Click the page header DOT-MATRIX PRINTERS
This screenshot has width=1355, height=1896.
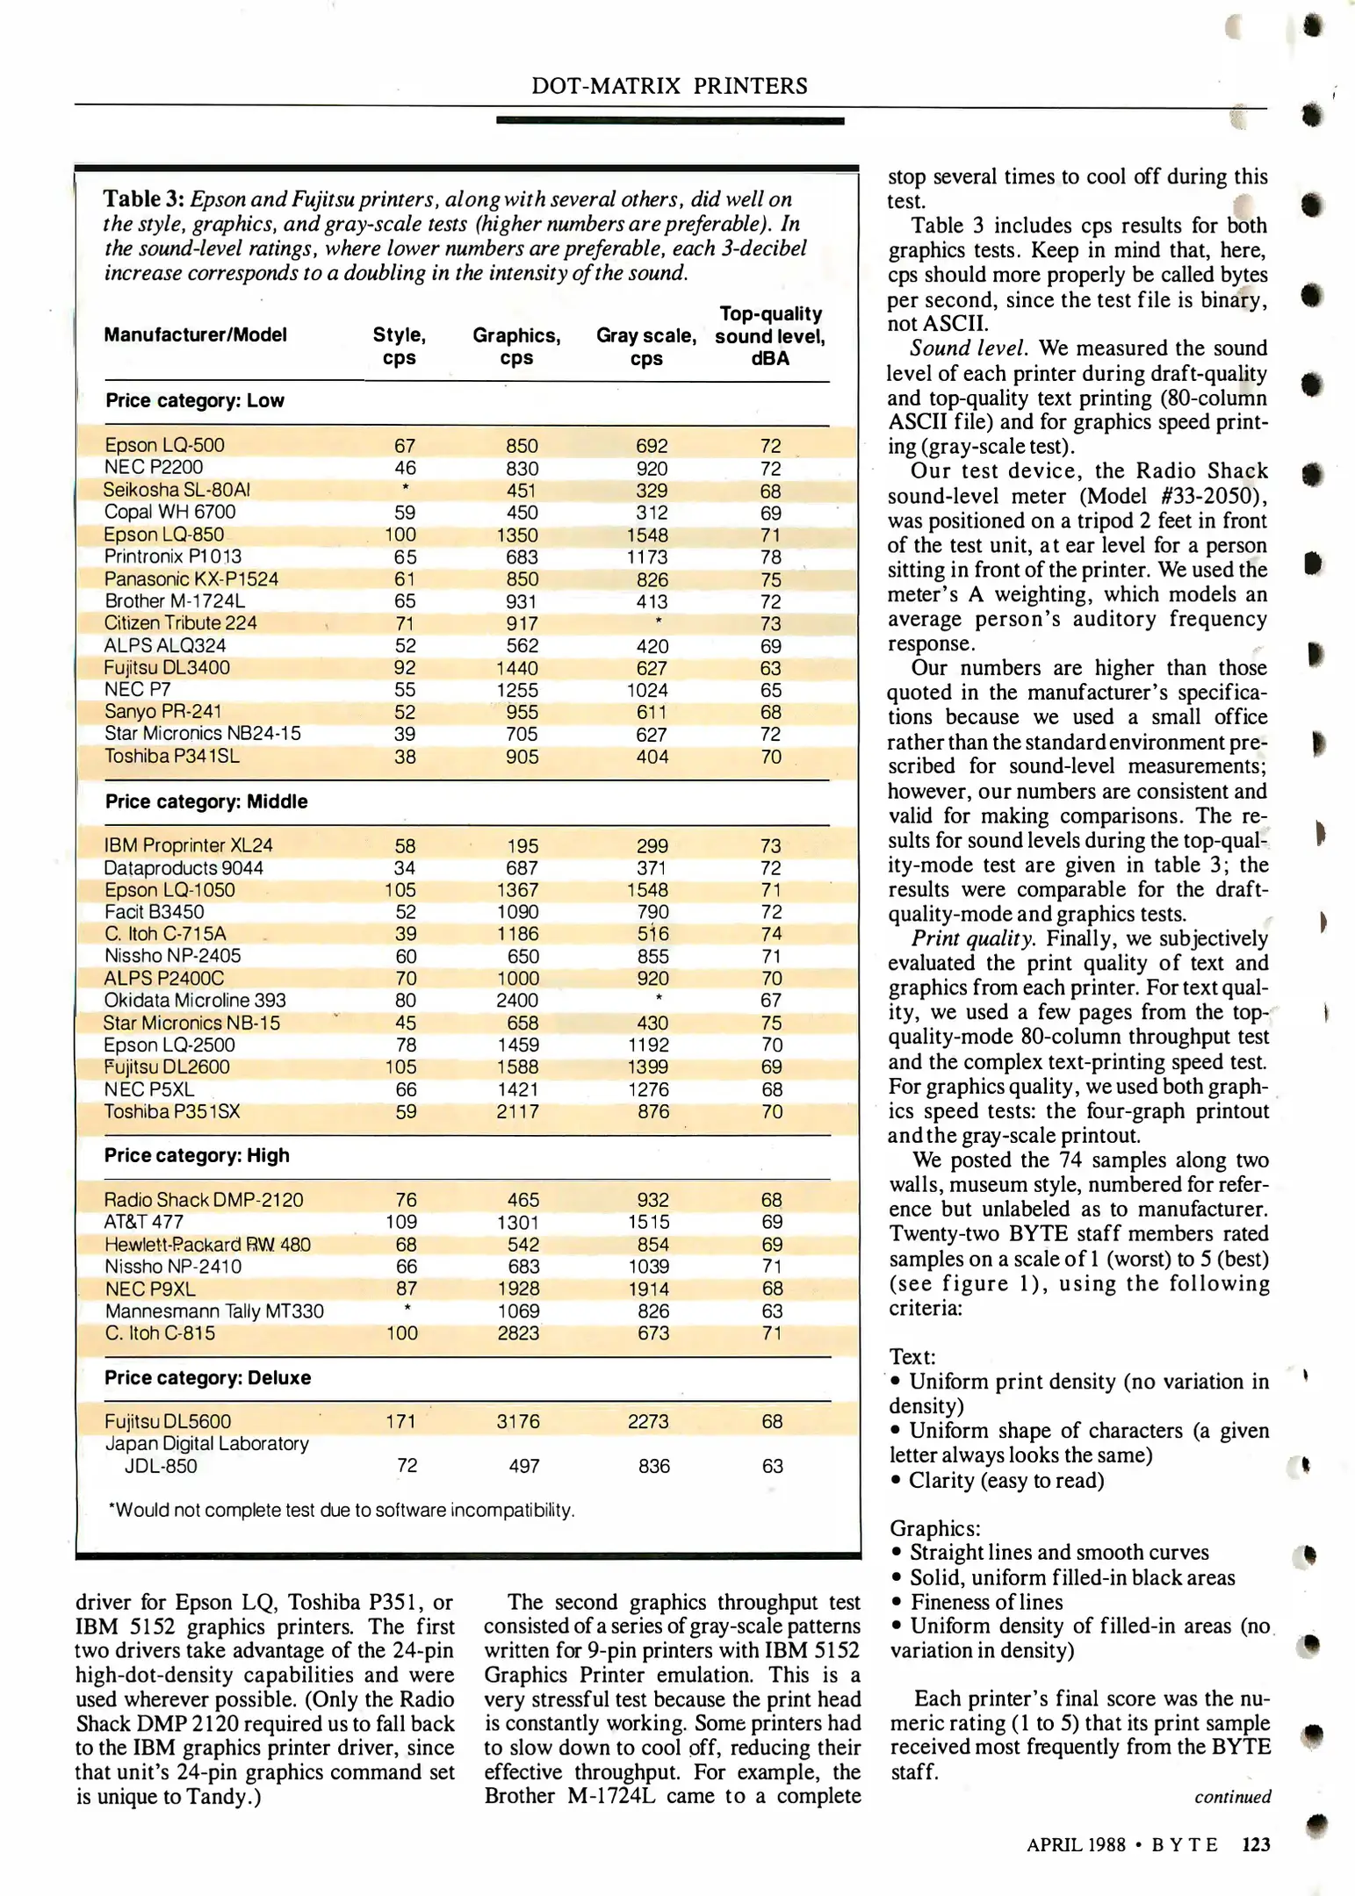669,86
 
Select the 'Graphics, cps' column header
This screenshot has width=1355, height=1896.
516,347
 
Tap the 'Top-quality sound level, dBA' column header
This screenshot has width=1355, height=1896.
770,336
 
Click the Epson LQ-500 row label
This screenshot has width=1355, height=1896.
164,445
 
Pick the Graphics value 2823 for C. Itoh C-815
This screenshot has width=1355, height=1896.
518,1333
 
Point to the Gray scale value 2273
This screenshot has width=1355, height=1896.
648,1421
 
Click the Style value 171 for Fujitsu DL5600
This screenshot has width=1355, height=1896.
400,1421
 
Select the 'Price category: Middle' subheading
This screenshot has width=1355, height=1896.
206,801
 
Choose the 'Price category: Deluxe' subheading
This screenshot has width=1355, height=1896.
207,1377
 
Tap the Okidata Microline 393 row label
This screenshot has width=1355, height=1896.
195,1001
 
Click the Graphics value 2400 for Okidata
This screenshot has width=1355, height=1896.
518,1001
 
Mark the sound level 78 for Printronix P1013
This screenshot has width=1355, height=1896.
771,557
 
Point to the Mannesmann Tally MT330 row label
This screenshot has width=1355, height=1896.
214,1311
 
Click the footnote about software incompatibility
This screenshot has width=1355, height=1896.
341,1511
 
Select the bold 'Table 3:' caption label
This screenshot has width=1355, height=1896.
143,199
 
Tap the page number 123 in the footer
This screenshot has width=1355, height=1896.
1256,1845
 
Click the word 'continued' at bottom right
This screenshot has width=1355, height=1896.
1232,1797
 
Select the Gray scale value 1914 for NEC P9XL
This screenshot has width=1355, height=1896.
649,1289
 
